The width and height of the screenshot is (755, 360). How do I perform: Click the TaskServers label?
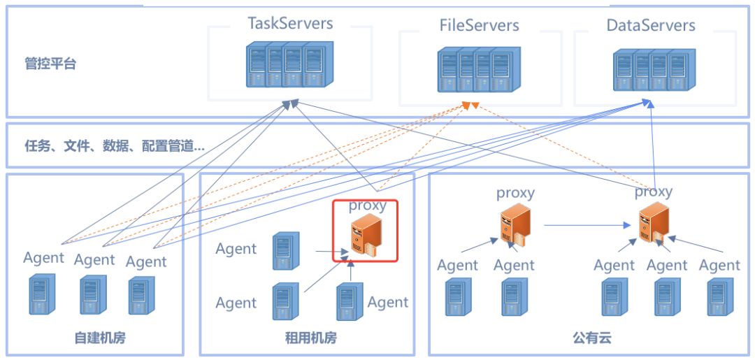point(290,23)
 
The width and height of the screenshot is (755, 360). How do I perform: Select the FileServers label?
point(480,26)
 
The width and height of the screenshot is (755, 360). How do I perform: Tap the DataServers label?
point(651,26)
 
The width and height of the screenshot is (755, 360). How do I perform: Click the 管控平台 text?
point(50,64)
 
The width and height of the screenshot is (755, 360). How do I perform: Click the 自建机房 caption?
point(100,338)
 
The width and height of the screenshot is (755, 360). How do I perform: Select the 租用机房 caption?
point(311,338)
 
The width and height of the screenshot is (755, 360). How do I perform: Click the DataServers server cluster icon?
point(650,71)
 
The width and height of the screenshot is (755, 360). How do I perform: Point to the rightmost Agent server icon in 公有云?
point(719,298)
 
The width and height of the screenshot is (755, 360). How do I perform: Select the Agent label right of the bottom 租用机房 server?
point(387,302)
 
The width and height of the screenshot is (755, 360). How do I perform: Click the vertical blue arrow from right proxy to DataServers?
point(652,140)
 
